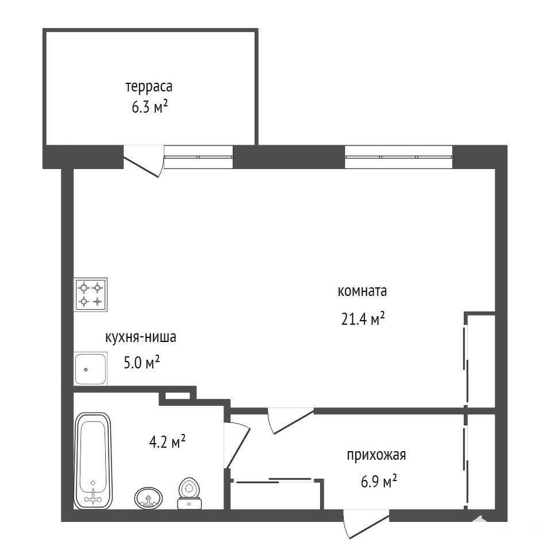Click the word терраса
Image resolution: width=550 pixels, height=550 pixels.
point(149,87)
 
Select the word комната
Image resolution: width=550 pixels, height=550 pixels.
point(362,291)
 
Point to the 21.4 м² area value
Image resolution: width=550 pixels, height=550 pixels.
point(363,318)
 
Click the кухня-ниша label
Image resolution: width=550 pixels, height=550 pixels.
point(141,337)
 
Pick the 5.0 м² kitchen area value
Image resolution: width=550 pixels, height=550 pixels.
point(142,362)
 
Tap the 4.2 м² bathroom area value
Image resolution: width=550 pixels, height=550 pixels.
point(167,441)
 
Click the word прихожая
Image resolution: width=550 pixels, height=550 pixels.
point(376,456)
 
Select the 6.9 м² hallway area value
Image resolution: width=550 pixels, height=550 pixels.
point(379,481)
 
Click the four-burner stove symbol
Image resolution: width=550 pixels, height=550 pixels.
point(90,294)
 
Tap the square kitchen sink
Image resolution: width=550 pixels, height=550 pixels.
point(90,368)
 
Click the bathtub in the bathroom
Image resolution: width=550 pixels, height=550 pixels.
point(93,461)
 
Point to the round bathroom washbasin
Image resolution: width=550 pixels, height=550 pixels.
point(148,497)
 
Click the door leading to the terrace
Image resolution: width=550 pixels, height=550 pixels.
point(144,161)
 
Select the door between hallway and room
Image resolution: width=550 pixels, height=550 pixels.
point(290,420)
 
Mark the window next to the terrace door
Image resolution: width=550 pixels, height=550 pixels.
point(198,157)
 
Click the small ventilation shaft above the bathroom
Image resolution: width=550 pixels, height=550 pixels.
point(178,395)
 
